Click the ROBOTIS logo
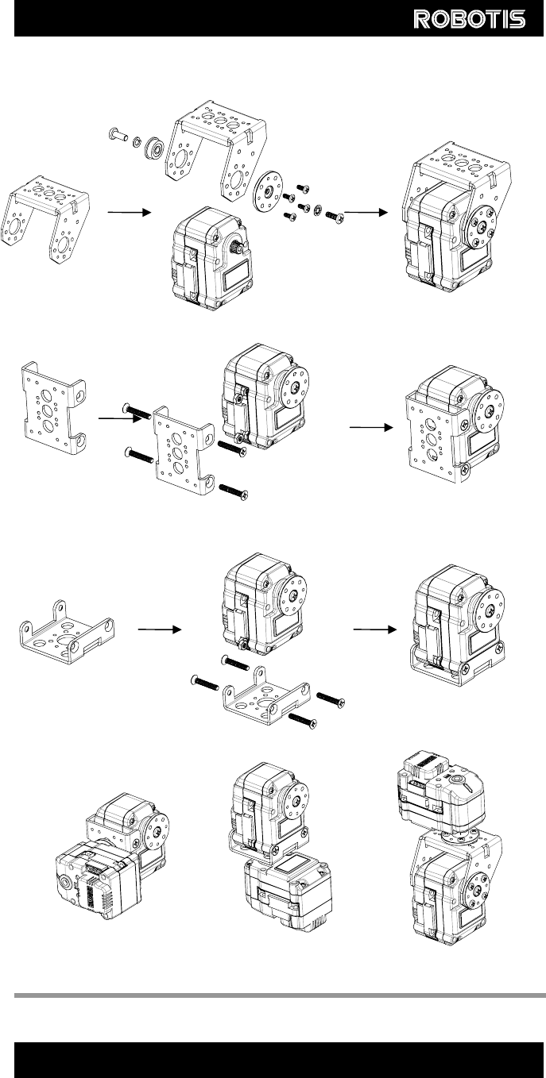[x=470, y=19]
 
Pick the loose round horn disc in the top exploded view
[x=269, y=190]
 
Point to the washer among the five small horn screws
[x=318, y=210]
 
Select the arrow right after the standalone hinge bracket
[x=130, y=212]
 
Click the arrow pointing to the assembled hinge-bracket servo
[x=366, y=212]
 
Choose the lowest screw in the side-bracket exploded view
[x=234, y=492]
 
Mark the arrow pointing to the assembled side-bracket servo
[x=371, y=427]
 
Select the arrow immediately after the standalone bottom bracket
[x=160, y=629]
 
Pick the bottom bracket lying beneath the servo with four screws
[x=265, y=695]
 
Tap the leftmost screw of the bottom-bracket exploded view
[x=204, y=682]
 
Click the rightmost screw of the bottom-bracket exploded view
[x=331, y=699]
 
